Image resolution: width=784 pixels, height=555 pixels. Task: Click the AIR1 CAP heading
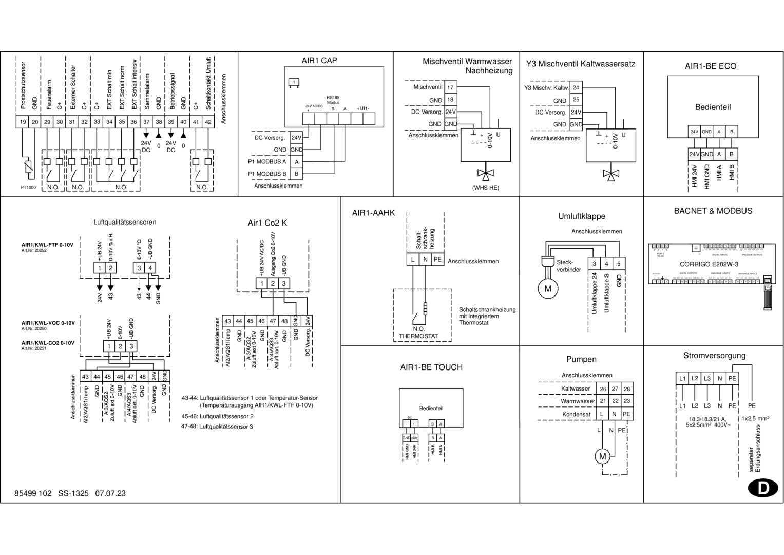tap(319, 61)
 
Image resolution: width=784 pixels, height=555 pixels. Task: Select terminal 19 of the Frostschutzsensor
tap(23, 122)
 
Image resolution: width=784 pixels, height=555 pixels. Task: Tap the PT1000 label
tap(28, 188)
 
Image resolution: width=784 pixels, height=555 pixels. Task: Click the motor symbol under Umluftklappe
tap(547, 289)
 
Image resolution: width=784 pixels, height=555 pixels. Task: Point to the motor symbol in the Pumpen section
tap(603, 456)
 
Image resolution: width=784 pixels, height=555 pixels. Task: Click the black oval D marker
tap(763, 488)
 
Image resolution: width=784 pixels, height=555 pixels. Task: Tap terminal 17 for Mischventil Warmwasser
tap(450, 88)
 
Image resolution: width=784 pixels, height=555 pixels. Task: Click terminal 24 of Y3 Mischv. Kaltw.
tap(576, 88)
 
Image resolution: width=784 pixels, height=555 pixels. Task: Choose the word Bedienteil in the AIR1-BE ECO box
tap(713, 107)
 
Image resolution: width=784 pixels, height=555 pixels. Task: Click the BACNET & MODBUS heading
tap(713, 211)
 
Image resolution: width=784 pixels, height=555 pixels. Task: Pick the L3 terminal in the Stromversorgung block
tap(707, 379)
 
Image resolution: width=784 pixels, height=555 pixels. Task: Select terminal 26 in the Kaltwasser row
tap(603, 389)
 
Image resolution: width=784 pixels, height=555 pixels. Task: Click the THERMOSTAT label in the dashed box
tap(418, 336)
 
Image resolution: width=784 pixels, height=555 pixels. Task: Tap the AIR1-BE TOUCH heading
tap(431, 367)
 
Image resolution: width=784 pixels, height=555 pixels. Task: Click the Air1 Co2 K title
tap(267, 223)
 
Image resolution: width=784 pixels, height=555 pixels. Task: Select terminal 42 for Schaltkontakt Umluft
tap(208, 122)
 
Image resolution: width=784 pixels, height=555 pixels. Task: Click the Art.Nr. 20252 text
tap(34, 250)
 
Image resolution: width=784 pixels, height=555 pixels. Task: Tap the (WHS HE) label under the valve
tap(485, 188)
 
